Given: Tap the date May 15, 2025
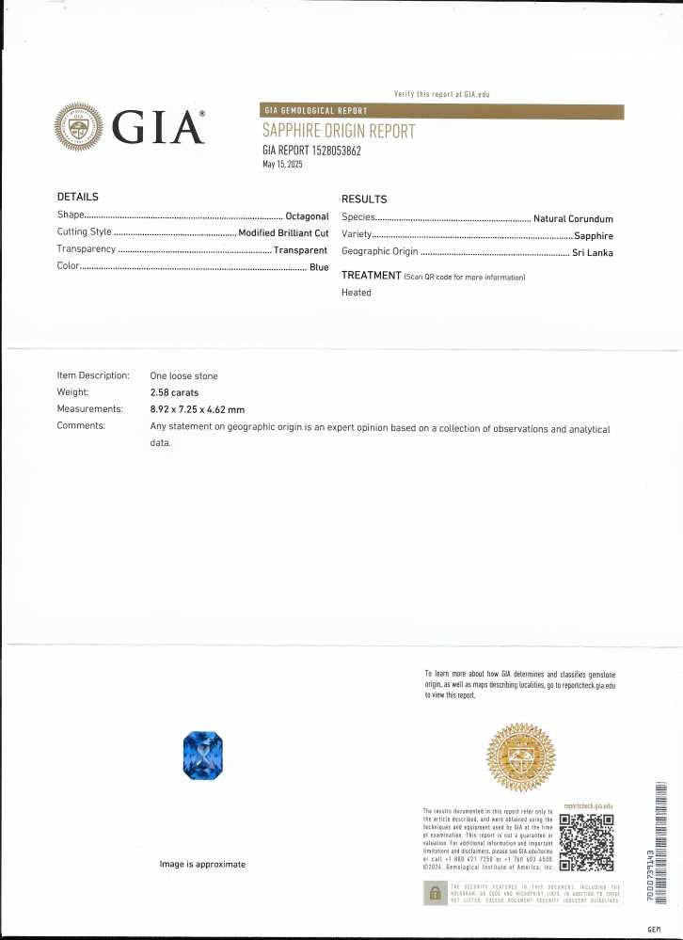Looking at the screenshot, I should pos(282,164).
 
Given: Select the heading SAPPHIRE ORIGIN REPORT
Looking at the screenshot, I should pos(338,132).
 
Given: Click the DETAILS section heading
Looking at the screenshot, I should pos(77,197).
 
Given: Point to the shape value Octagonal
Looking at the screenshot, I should pos(307,215).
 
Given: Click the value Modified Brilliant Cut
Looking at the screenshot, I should pos(283,231).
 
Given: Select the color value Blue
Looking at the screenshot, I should pos(319,268).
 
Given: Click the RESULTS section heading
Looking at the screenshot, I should pos(364,199).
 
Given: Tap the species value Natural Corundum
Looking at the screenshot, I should pos(573,218).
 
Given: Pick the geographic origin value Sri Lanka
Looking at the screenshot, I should pos(593,252).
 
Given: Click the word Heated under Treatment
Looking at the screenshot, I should pos(357,293).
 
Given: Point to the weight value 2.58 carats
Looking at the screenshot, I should pos(174,392).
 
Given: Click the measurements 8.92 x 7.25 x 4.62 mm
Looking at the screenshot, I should pos(197,409).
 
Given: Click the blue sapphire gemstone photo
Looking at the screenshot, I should pos(202,755).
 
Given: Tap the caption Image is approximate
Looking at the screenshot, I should pos(202,864).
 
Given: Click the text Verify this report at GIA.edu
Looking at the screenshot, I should pos(441,94).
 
